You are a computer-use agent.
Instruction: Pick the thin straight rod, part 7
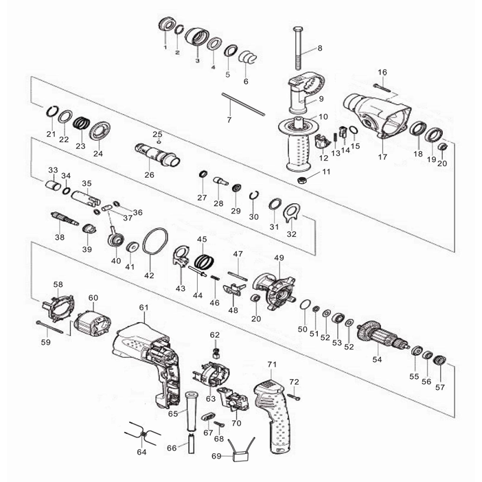(242, 103)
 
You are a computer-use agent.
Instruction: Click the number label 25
(157, 134)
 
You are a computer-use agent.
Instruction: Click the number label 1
(165, 48)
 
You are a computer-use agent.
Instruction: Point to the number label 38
(60, 237)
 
